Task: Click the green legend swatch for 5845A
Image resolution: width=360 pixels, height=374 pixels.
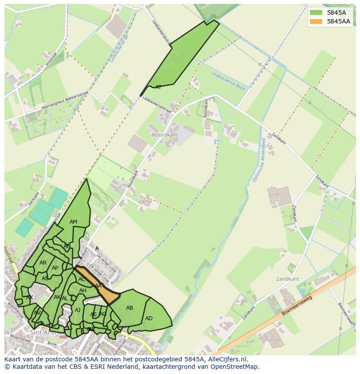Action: tap(315, 13)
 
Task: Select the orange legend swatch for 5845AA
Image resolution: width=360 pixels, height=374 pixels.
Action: tap(315, 21)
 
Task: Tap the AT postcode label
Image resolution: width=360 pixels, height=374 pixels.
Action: tap(158, 87)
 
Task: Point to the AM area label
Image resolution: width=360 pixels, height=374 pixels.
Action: tap(73, 222)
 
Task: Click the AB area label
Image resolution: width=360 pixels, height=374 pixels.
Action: tap(130, 308)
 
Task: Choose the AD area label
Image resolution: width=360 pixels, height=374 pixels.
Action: tap(149, 318)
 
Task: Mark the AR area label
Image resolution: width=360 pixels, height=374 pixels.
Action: tap(43, 263)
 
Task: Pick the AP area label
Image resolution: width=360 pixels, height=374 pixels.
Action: tap(55, 268)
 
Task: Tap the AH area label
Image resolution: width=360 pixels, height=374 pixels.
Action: tap(83, 291)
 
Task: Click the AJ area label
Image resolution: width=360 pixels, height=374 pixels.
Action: tap(78, 310)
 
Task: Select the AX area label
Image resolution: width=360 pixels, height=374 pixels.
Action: tap(30, 298)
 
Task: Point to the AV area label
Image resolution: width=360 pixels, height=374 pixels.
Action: tap(37, 313)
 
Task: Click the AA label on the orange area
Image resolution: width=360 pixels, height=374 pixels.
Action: tap(98, 285)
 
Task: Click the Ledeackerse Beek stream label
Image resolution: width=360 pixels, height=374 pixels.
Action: tap(228, 81)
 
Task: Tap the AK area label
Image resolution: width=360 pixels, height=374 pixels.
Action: tap(57, 297)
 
